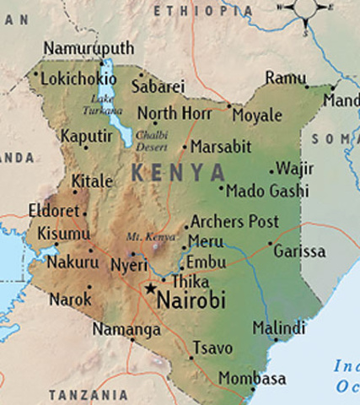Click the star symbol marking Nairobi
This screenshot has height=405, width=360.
[x=151, y=289]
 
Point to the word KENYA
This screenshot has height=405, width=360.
[x=178, y=173]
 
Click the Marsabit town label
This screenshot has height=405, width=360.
[x=222, y=147]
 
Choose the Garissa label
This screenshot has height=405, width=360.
[x=300, y=251]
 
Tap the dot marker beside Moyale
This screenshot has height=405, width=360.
[x=228, y=106]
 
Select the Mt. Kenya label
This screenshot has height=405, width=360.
[x=144, y=237]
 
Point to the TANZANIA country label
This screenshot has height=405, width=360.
[x=89, y=395]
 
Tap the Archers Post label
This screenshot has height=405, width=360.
[x=234, y=222]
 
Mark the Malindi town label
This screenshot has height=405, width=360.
[x=279, y=328]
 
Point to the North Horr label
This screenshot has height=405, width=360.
[x=169, y=113]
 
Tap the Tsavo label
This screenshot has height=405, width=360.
[x=212, y=348]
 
